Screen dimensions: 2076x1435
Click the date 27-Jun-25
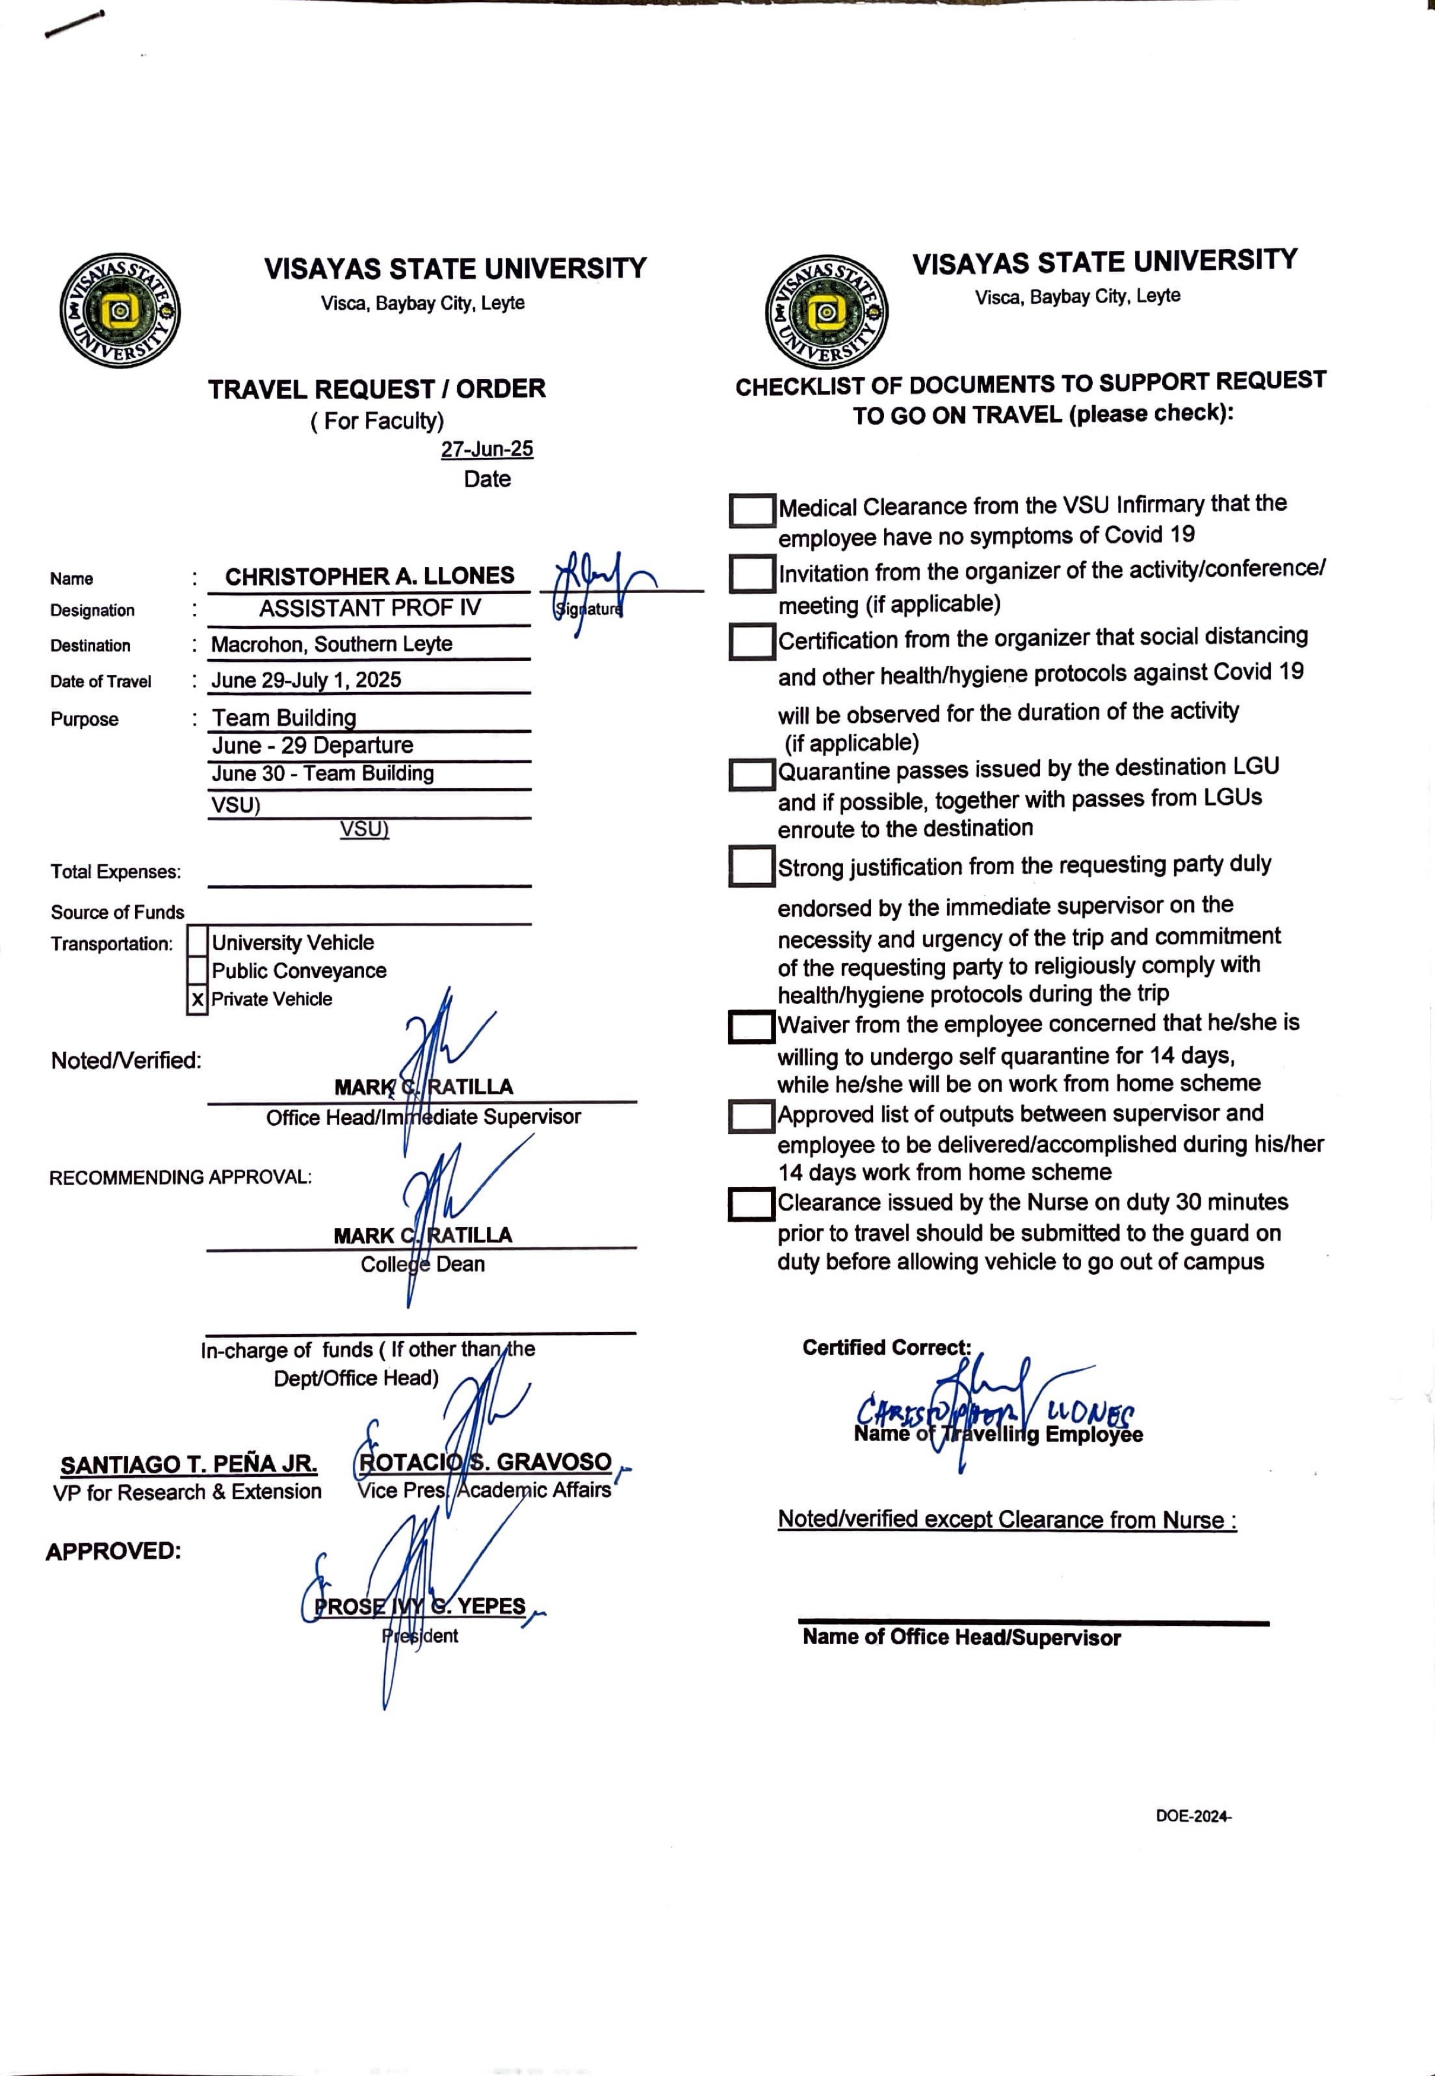coord(486,449)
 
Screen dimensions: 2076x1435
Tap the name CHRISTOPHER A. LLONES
coord(369,576)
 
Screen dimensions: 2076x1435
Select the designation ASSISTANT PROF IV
coord(369,609)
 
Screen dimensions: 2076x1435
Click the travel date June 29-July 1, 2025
coord(306,680)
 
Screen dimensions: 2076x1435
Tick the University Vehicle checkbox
coord(197,943)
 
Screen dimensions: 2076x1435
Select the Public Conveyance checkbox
coord(197,970)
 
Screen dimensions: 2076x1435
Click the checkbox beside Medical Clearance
coord(752,511)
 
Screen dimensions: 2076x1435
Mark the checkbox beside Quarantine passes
coord(752,775)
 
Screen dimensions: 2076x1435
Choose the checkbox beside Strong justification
coord(752,866)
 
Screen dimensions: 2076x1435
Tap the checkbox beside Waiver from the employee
coord(752,1027)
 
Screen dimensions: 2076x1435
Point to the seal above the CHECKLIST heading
coord(825,312)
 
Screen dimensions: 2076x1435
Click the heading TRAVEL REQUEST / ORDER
coord(377,390)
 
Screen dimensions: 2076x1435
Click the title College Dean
coord(423,1264)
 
